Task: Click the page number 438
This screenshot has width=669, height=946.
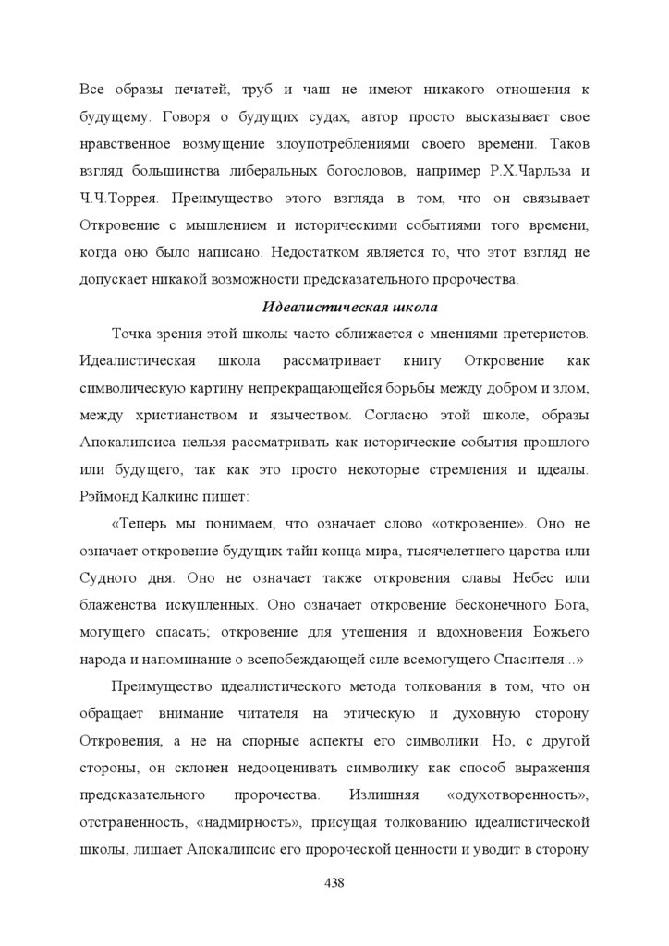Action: [334, 883]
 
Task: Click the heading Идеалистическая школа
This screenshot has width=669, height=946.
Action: [349, 307]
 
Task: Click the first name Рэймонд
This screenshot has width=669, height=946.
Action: [111, 496]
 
